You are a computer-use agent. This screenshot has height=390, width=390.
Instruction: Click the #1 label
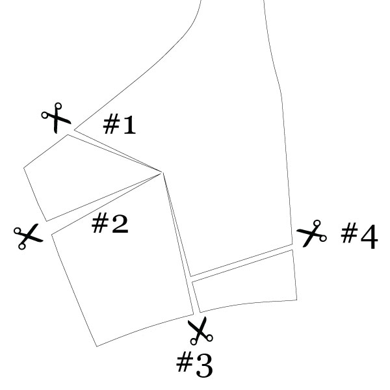[120, 124]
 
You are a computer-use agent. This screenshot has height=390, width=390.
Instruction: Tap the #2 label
[110, 224]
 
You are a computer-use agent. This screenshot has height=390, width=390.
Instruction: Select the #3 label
[194, 365]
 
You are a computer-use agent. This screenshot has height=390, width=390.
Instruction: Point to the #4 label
[359, 235]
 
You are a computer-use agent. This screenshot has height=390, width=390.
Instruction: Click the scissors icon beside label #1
[56, 118]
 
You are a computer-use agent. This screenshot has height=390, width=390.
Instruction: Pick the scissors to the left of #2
[29, 237]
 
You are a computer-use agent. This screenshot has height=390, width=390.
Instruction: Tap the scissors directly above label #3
[200, 331]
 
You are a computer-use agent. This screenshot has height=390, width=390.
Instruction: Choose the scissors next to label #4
[312, 233]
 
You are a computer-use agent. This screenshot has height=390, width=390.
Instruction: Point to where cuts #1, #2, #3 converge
[162, 172]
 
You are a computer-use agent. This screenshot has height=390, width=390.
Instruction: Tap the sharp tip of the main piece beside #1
[74, 130]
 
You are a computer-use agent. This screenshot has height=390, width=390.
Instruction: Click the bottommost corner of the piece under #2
[97, 346]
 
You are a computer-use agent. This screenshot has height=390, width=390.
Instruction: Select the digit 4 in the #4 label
[369, 237]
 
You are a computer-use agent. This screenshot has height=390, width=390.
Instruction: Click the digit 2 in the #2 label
[120, 224]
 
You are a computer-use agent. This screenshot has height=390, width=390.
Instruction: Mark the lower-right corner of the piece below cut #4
[297, 300]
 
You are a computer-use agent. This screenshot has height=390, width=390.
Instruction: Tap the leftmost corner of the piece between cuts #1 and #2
[23, 168]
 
